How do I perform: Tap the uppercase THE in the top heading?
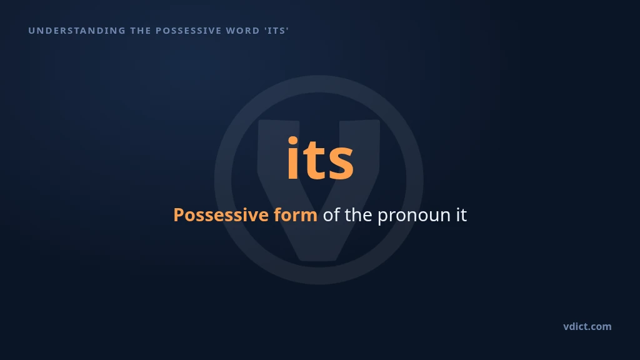[x=141, y=31]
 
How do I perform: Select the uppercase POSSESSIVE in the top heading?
[x=189, y=31]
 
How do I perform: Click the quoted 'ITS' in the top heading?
[x=276, y=31]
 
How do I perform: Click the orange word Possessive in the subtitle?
[x=221, y=215]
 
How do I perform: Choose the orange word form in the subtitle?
[x=296, y=215]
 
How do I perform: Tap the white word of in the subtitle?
[x=331, y=215]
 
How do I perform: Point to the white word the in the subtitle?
[x=358, y=215]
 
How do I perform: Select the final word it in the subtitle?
[x=461, y=215]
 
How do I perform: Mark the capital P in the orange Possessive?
[x=179, y=215]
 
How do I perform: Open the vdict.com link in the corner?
[x=587, y=326]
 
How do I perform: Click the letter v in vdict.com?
[x=566, y=327]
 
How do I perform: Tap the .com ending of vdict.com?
[x=600, y=327]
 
